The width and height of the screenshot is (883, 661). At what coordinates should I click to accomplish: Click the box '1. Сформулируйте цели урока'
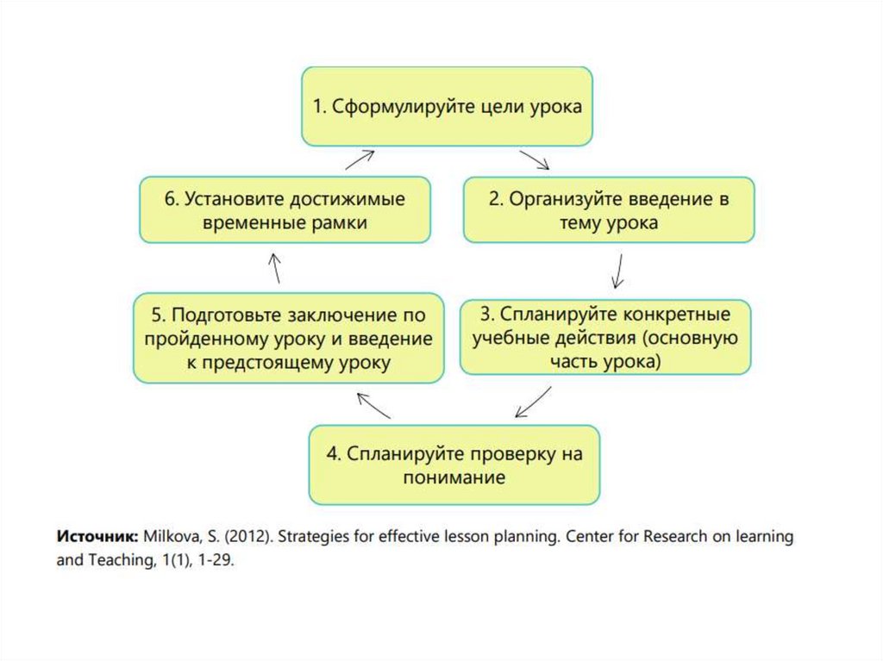click(447, 108)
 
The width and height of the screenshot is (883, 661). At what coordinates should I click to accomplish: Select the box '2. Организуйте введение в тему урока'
click(609, 210)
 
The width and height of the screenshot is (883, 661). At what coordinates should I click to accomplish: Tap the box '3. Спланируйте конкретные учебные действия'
click(605, 337)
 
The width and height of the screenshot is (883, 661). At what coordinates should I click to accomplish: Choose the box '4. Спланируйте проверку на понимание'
click(454, 465)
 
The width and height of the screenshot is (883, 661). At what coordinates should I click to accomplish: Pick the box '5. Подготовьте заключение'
click(288, 338)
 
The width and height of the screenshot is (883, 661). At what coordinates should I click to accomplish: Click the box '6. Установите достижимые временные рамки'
click(285, 210)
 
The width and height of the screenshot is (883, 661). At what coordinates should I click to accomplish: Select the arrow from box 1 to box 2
click(535, 160)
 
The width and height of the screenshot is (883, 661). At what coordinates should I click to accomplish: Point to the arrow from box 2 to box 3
click(617, 270)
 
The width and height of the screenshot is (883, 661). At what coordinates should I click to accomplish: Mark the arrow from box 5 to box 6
click(274, 268)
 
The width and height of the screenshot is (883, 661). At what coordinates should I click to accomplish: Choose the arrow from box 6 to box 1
click(360, 159)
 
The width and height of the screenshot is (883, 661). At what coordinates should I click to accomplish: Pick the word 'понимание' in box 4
click(454, 477)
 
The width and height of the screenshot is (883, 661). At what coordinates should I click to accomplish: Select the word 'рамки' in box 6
click(339, 223)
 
